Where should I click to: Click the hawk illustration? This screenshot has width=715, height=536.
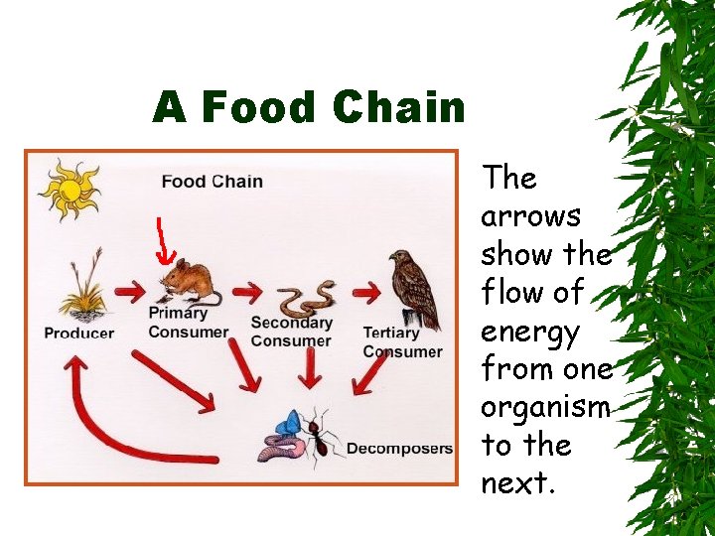pos(414,289)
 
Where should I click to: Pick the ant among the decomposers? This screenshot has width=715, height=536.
pos(320,434)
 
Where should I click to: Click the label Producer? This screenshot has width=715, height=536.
pos(79,334)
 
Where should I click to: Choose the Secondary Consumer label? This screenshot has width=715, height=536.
pos(291,333)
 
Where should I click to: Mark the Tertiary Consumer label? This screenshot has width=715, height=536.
pos(402,341)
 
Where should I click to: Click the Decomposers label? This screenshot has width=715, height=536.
pos(399,449)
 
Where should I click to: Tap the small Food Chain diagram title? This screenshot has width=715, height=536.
pos(212,181)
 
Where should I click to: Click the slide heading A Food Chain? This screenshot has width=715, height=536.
pos(309,107)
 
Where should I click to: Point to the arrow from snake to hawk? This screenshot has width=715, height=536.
pos(366,292)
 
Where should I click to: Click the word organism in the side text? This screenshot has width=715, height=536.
pos(544,408)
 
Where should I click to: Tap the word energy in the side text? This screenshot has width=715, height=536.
pos(529,333)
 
